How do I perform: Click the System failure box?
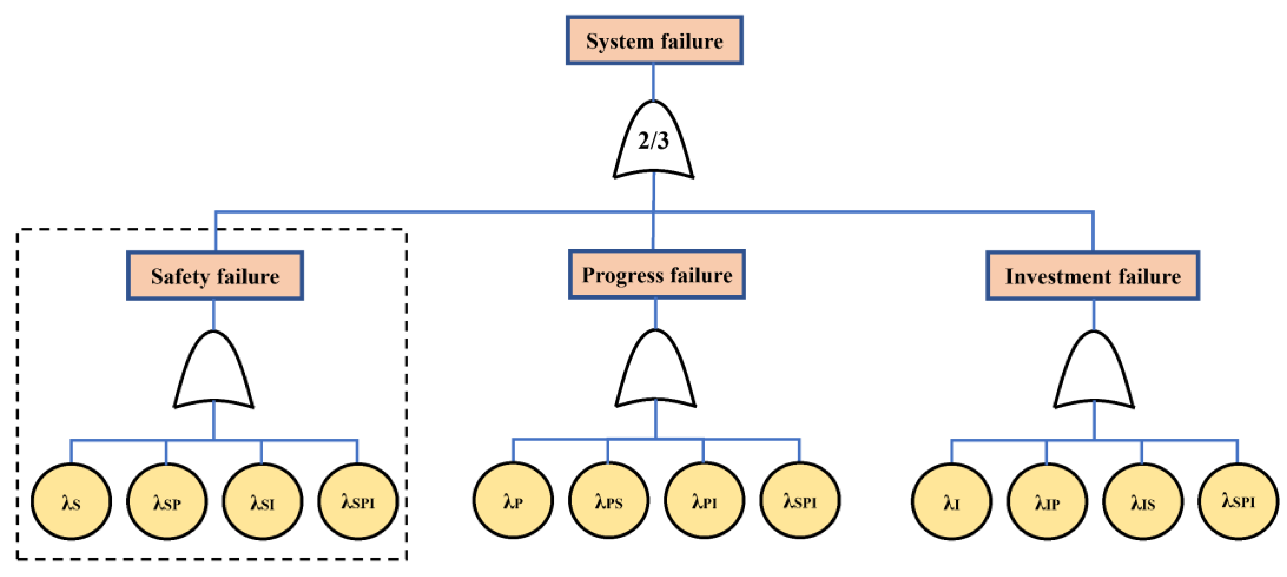point(654,40)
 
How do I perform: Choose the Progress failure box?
point(656,275)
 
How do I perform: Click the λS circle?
point(71,502)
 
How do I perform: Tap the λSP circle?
point(167,502)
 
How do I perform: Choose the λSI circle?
point(262,502)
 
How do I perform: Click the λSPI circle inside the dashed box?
point(358,502)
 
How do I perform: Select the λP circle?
point(513,500)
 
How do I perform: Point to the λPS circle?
point(609,500)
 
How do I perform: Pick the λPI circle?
point(704,500)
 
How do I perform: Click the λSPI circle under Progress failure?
point(799,500)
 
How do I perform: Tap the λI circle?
point(952,502)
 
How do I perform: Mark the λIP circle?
point(1047,502)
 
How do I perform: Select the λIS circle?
point(1143,502)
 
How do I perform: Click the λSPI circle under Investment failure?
point(1238,502)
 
